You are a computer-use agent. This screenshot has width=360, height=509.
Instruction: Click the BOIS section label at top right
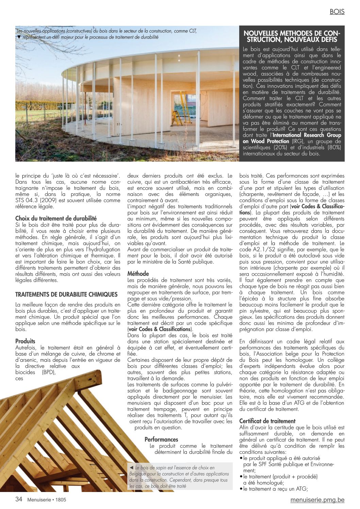pyautogui.click(x=337, y=12)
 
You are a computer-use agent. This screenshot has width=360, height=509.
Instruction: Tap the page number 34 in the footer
pyautogui.click(x=19, y=499)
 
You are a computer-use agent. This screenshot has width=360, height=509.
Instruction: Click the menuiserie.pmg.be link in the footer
pyautogui.click(x=317, y=500)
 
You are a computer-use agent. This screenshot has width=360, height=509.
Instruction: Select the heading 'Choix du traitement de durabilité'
pyautogui.click(x=56, y=218)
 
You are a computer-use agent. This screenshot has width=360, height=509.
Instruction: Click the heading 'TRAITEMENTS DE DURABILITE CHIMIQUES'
pyautogui.click(x=66, y=295)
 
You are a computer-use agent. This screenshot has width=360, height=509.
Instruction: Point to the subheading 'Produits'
pyautogui.click(x=25, y=341)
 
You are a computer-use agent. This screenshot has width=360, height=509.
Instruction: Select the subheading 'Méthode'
pyautogui.click(x=138, y=274)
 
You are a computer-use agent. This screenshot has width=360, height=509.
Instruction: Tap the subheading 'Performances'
pyautogui.click(x=161, y=440)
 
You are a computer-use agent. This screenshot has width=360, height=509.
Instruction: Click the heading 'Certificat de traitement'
pyautogui.click(x=267, y=421)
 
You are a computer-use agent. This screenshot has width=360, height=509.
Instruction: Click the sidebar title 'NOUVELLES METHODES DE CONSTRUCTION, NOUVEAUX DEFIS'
pyautogui.click(x=292, y=36)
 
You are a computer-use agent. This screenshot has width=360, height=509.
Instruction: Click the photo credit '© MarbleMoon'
pyautogui.click(x=222, y=158)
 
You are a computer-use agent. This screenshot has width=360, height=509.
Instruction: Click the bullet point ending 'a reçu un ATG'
pyautogui.click(x=275, y=489)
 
